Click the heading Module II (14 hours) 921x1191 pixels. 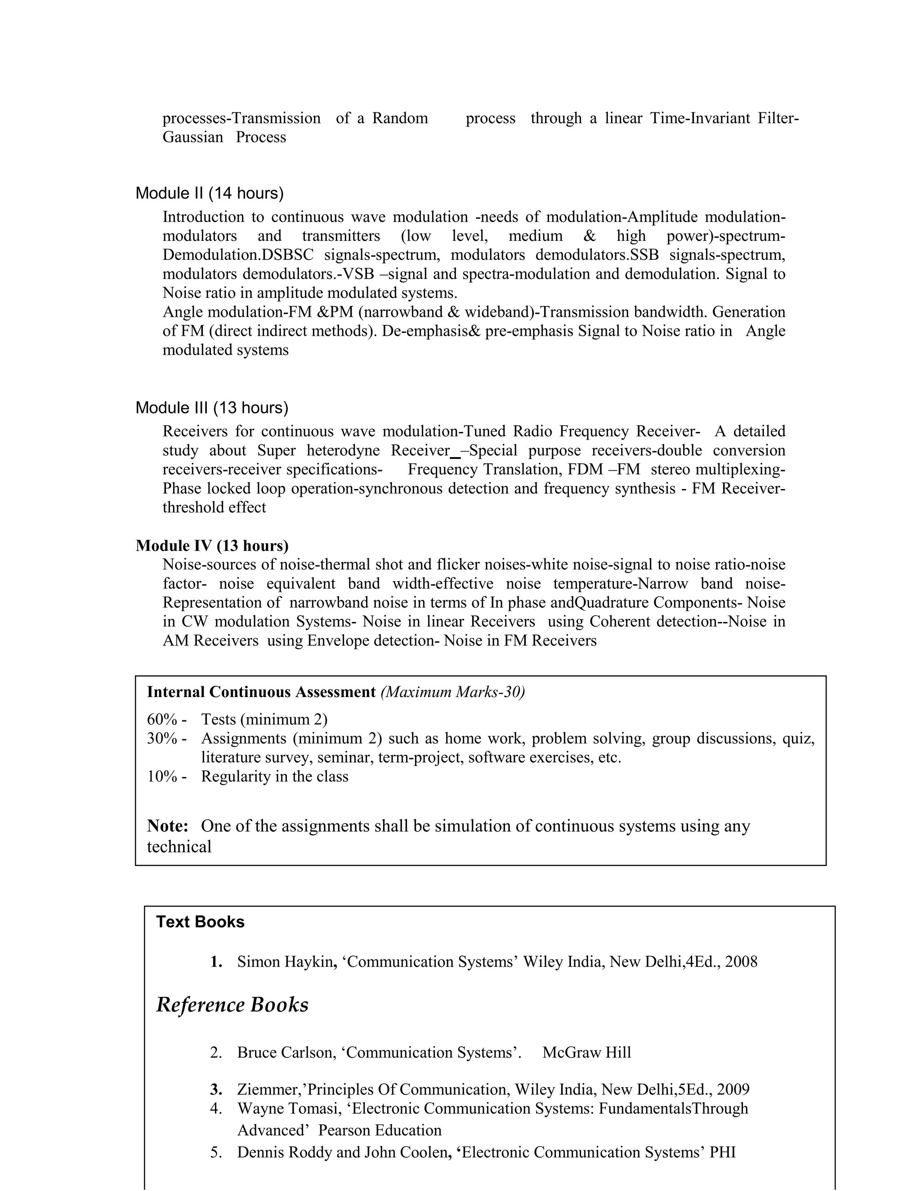click(x=209, y=193)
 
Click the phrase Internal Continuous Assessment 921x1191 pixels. click(x=261, y=692)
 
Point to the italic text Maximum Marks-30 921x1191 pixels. click(x=453, y=692)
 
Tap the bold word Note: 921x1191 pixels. click(x=167, y=826)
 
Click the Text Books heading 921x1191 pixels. click(x=200, y=922)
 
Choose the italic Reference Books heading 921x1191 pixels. click(x=232, y=1004)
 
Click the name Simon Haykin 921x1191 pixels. click(x=285, y=961)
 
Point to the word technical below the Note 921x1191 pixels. click(x=179, y=846)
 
